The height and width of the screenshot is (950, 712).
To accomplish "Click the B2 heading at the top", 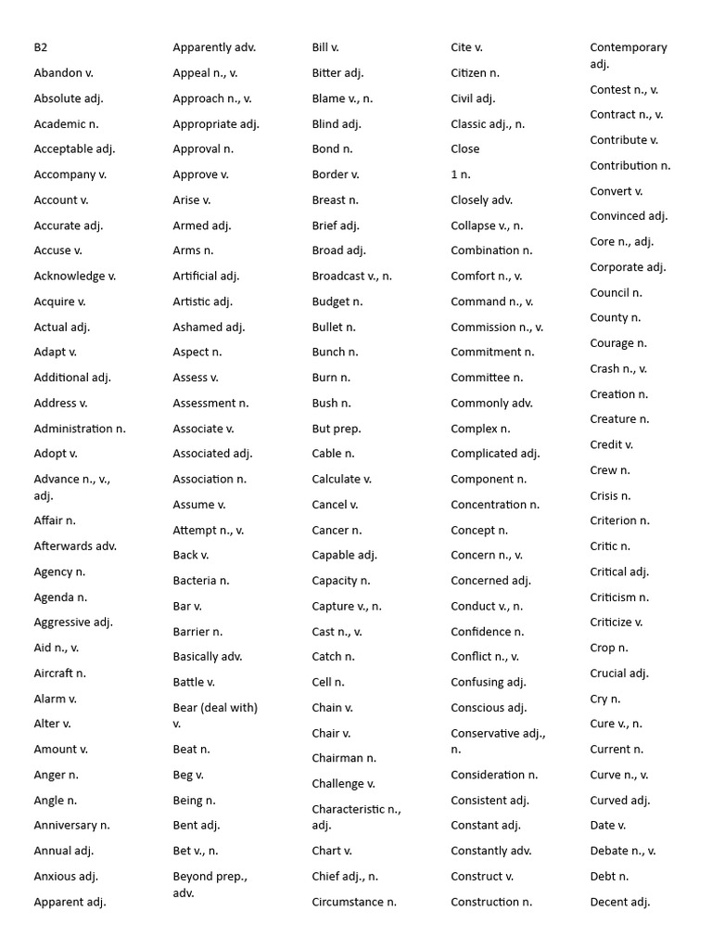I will [41, 47].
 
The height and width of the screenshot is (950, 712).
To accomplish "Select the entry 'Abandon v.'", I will [64, 72].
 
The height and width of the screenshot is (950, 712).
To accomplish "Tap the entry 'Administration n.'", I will [80, 429].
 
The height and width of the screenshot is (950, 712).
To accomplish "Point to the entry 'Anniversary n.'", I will [71, 825].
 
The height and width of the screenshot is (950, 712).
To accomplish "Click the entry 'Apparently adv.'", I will [214, 47].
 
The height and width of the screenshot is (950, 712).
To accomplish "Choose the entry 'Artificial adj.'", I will [206, 276].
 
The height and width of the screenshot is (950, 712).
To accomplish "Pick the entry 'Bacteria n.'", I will [201, 581].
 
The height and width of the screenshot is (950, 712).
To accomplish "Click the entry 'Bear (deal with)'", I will [215, 708].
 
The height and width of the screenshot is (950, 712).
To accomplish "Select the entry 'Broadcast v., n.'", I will [352, 276].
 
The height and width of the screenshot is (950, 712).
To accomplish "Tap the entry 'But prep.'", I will [337, 429].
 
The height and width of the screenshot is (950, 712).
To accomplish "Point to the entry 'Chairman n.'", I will [344, 758].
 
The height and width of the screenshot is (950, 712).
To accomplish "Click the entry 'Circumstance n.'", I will [354, 902].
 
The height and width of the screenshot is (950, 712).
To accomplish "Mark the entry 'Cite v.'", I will [467, 47].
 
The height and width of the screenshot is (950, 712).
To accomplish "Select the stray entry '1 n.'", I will [461, 174].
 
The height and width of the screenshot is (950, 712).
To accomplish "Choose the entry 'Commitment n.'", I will [492, 353].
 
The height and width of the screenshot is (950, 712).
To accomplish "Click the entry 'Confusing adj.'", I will [489, 682].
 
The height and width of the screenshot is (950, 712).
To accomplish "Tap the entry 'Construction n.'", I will [491, 902].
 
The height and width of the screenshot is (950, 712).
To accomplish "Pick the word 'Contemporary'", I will [629, 47].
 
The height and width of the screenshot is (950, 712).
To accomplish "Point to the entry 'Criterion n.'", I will [620, 520].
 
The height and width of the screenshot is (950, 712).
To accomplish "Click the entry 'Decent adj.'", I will [620, 902].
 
